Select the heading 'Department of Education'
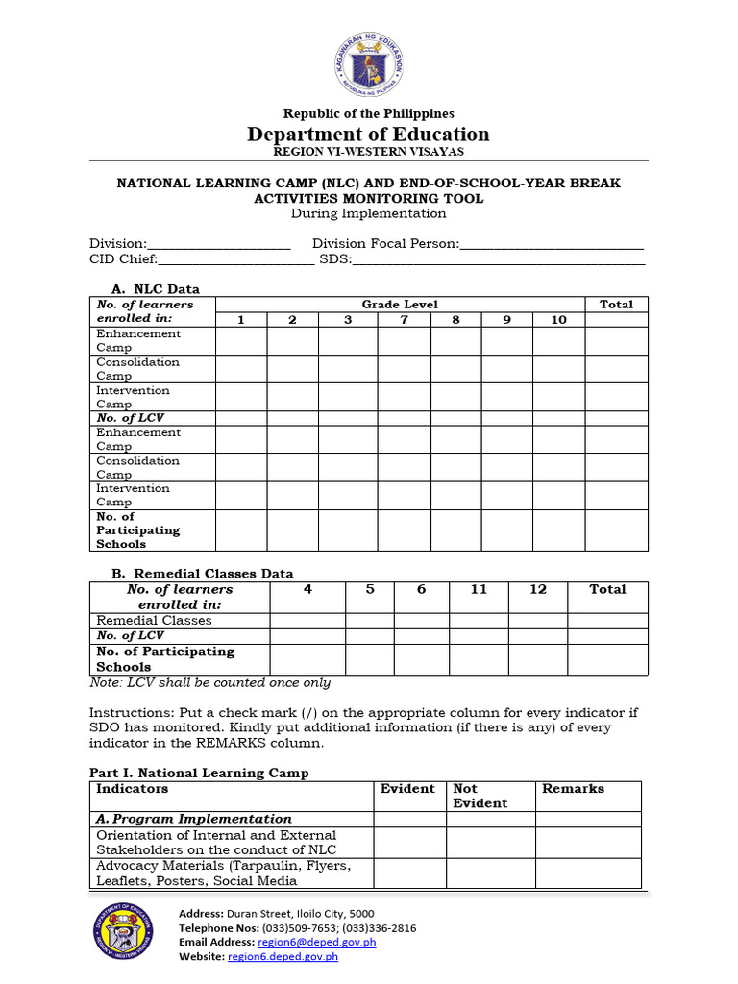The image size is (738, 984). [368, 135]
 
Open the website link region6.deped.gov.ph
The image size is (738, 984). [283, 957]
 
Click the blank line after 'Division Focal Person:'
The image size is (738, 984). [552, 245]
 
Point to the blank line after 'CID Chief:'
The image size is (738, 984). [235, 259]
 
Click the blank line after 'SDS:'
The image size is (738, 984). [499, 259]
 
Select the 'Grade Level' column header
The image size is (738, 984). [400, 305]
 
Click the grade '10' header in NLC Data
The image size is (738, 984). [558, 320]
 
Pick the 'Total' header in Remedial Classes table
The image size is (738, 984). [607, 590]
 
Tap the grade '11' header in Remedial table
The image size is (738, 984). [479, 590]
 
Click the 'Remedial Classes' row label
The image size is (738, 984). [154, 621]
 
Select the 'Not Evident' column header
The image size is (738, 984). [480, 796]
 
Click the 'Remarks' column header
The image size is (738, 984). [573, 789]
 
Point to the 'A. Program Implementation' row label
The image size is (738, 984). [194, 819]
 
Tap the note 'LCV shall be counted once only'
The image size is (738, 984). [209, 683]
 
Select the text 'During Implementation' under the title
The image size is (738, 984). [368, 213]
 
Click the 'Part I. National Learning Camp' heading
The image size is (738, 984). [199, 773]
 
